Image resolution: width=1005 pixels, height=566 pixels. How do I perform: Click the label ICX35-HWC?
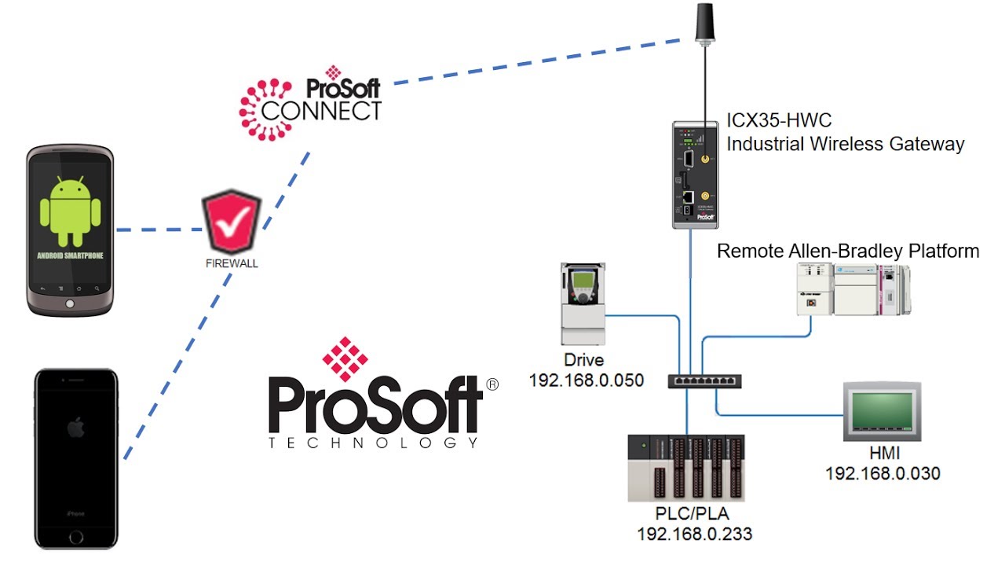point(779,121)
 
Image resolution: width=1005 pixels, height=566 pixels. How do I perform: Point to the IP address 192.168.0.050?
point(586,380)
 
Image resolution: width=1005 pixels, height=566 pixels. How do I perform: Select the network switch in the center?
point(704,381)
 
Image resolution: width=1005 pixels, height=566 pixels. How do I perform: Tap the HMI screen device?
point(882,411)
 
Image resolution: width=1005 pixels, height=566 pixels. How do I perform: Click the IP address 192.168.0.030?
point(883,473)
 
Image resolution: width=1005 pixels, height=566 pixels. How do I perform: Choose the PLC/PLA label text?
point(694,515)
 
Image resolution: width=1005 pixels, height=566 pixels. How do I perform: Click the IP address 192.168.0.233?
point(694,535)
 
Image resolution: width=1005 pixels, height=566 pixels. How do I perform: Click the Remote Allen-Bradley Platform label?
point(848,252)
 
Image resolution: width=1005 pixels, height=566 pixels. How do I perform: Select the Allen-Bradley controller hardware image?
point(853,289)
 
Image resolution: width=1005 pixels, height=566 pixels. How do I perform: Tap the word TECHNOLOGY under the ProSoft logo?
point(373,443)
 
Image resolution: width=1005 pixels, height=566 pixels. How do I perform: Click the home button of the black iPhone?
point(75,538)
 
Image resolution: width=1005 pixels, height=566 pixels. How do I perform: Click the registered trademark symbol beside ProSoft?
point(492,385)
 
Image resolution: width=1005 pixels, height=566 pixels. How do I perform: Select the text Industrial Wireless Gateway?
point(845,144)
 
